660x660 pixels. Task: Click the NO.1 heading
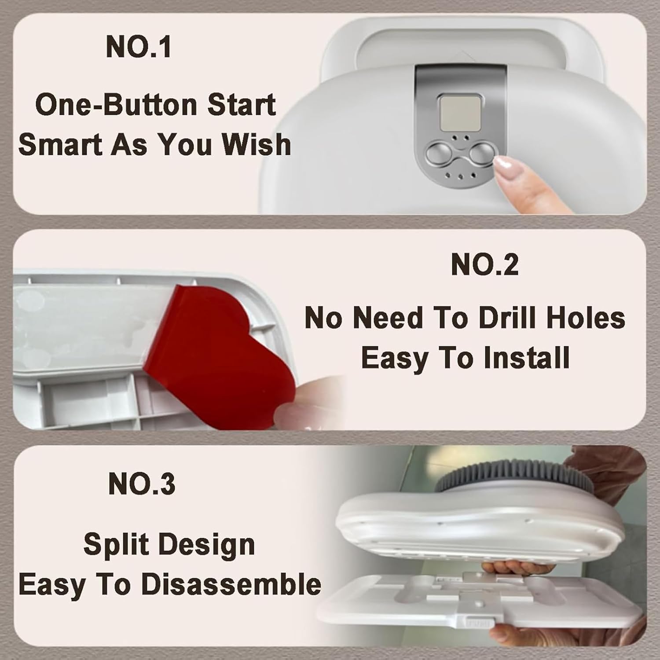[139, 47]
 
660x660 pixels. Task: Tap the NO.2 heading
[485, 265]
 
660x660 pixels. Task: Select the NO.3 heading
[141, 484]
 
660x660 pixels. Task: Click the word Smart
[61, 144]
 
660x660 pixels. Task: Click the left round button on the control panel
[439, 154]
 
